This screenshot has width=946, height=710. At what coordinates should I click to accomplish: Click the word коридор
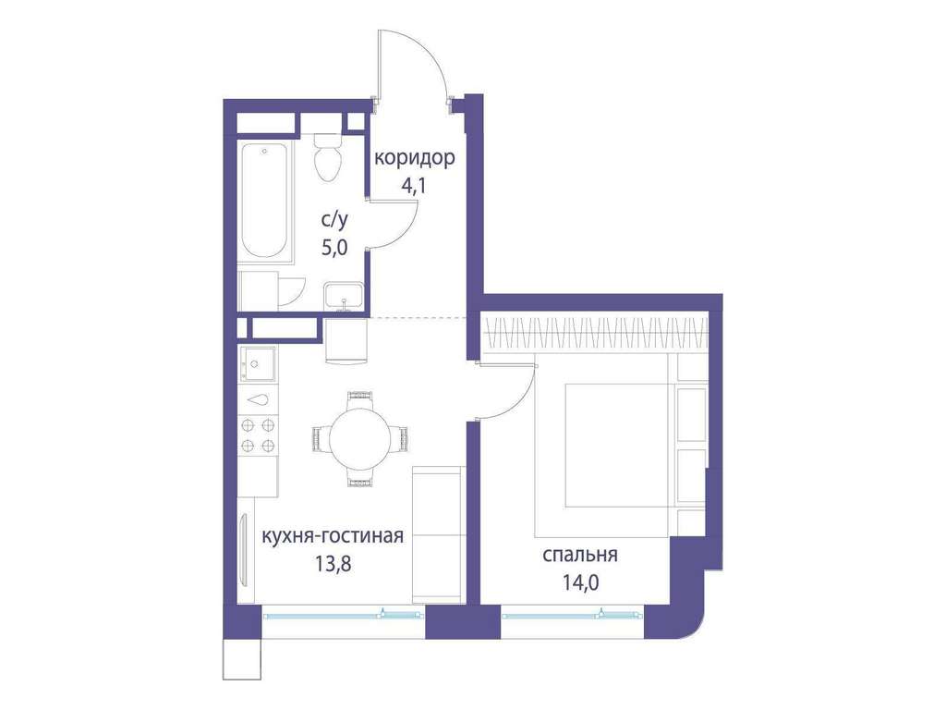415,158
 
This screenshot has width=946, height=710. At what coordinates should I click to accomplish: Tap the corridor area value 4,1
414,185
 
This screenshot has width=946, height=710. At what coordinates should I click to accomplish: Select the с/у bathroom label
334,220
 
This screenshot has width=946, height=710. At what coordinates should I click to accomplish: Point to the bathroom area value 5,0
334,248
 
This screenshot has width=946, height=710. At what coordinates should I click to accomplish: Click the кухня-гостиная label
333,535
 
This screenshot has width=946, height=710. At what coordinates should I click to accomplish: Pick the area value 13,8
333,563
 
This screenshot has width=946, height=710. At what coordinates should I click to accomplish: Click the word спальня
580,555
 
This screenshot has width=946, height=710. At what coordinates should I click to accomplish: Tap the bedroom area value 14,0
580,582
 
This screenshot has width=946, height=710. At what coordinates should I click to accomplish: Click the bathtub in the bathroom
265,201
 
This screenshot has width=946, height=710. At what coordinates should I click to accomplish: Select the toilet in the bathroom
329,157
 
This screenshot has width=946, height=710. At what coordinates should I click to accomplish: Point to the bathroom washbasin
344,297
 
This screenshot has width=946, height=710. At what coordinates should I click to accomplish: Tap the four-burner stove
259,436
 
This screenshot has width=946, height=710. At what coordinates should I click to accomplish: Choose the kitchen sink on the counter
259,364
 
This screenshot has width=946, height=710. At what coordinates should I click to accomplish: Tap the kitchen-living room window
344,615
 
